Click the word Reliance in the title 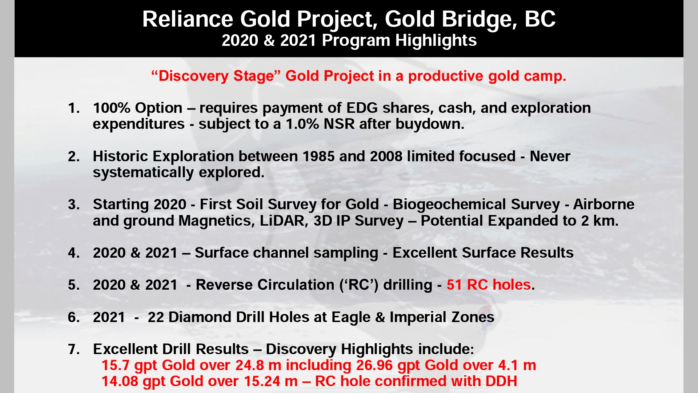pos(188,19)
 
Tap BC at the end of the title pos(540,19)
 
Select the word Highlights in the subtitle pos(436,41)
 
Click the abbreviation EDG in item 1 pos(362,108)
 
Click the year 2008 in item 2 pos(386,156)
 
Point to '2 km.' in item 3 pos(599,221)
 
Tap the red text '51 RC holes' pos(489,285)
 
